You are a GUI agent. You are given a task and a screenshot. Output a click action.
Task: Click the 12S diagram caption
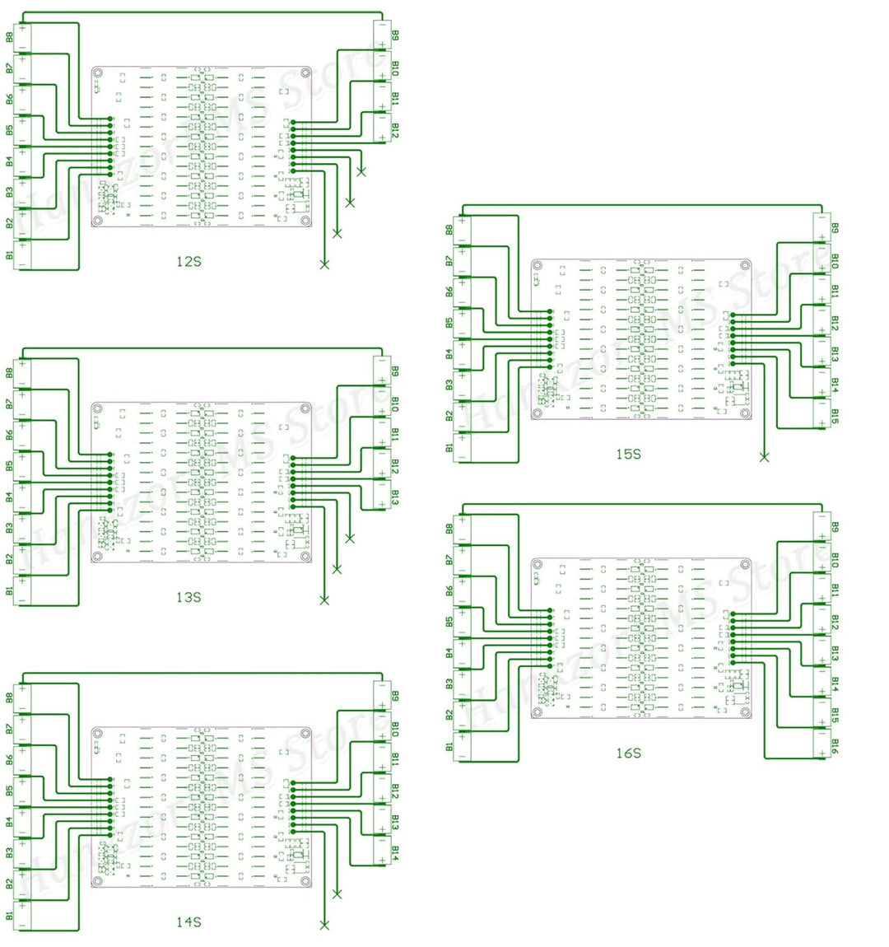click(189, 262)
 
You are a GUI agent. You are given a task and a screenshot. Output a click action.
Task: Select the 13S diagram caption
click(189, 596)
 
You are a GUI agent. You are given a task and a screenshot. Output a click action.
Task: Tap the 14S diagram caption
click(189, 922)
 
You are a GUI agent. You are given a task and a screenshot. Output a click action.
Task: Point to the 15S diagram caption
click(628, 454)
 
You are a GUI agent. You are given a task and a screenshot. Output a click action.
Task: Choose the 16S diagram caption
click(628, 753)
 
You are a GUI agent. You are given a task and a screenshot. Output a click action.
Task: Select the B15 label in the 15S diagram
click(835, 417)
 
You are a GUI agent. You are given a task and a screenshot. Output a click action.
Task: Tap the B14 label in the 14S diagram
click(395, 853)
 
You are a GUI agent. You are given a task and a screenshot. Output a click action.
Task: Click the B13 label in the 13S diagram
click(395, 498)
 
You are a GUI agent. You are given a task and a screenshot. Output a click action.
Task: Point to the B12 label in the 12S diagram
click(395, 130)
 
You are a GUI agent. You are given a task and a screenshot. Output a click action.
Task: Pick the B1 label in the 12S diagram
click(10, 254)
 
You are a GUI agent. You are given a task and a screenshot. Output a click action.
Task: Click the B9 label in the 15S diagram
click(835, 227)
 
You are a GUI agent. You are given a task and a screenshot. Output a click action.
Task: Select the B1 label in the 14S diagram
click(10, 916)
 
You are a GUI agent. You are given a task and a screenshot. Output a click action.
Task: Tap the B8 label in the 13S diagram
click(10, 372)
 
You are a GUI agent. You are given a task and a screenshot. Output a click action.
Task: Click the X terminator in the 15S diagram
click(764, 457)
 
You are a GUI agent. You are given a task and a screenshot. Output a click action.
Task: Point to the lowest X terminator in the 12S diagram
click(324, 264)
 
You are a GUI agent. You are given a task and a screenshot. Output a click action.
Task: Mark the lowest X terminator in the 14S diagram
click(324, 926)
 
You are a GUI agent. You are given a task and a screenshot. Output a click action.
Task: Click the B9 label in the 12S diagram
click(395, 35)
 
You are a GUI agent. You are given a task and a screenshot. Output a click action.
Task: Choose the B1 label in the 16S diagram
click(449, 747)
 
